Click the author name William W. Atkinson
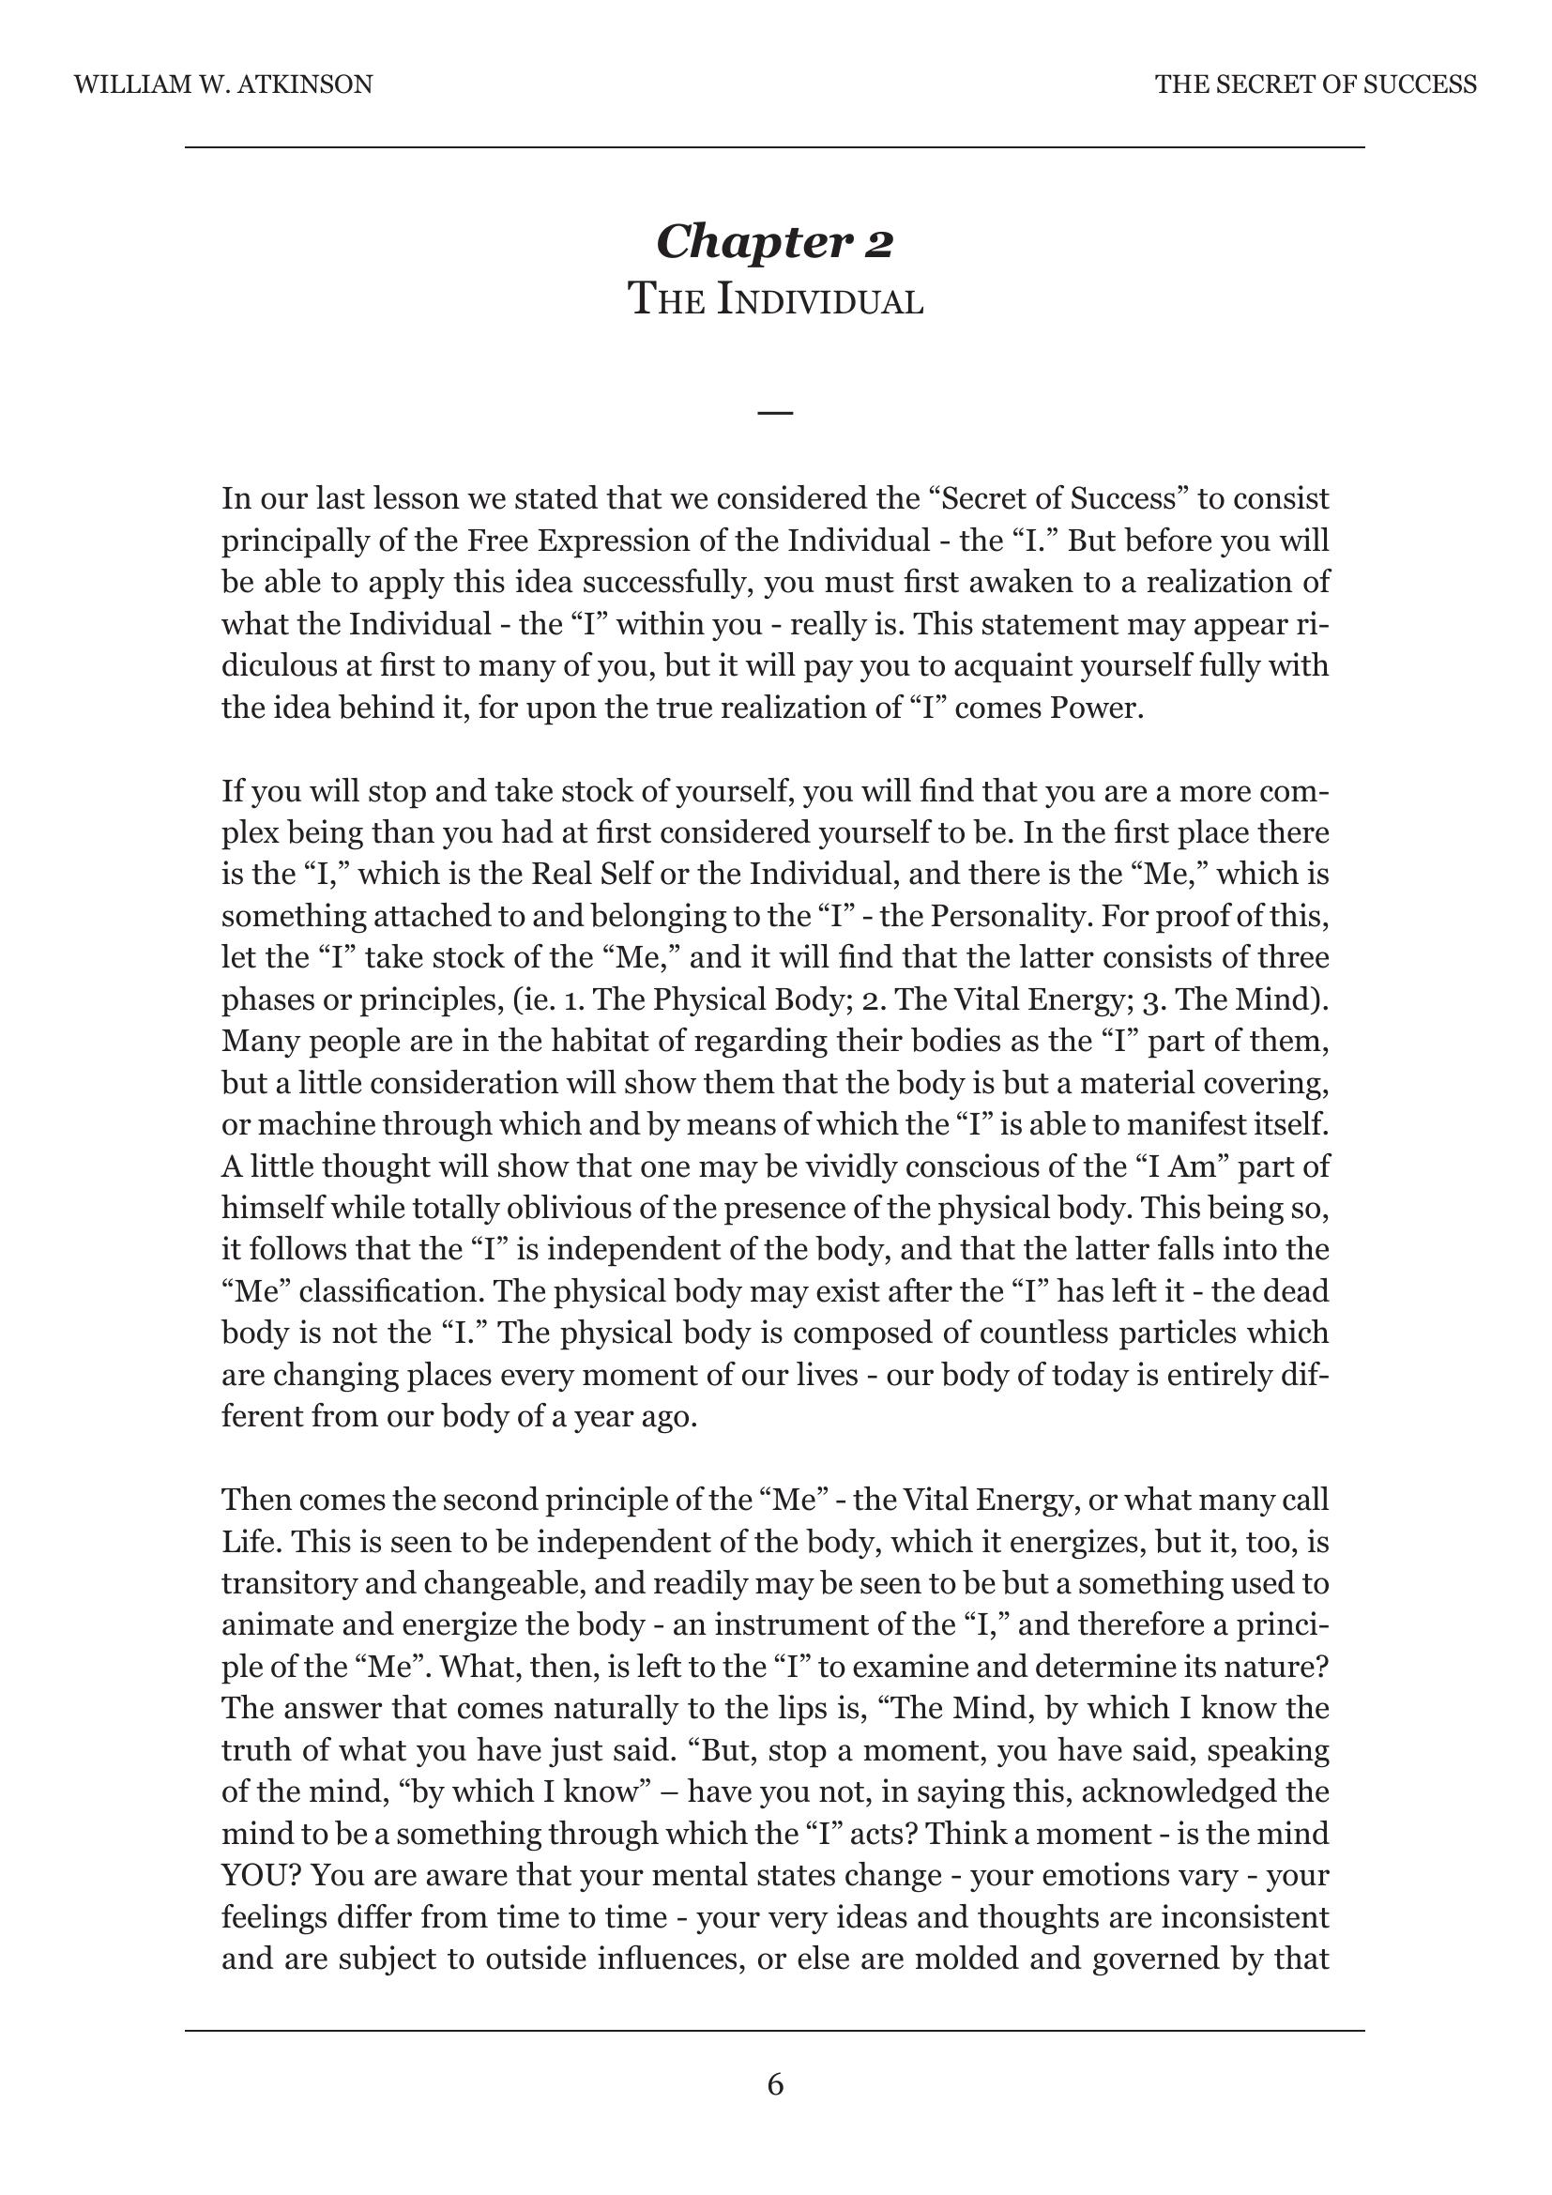pos(222,85)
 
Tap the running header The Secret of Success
pos(1315,85)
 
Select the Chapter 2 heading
pos(774,241)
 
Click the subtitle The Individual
pos(775,300)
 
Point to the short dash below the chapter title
pos(775,413)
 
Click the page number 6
pos(775,2084)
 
